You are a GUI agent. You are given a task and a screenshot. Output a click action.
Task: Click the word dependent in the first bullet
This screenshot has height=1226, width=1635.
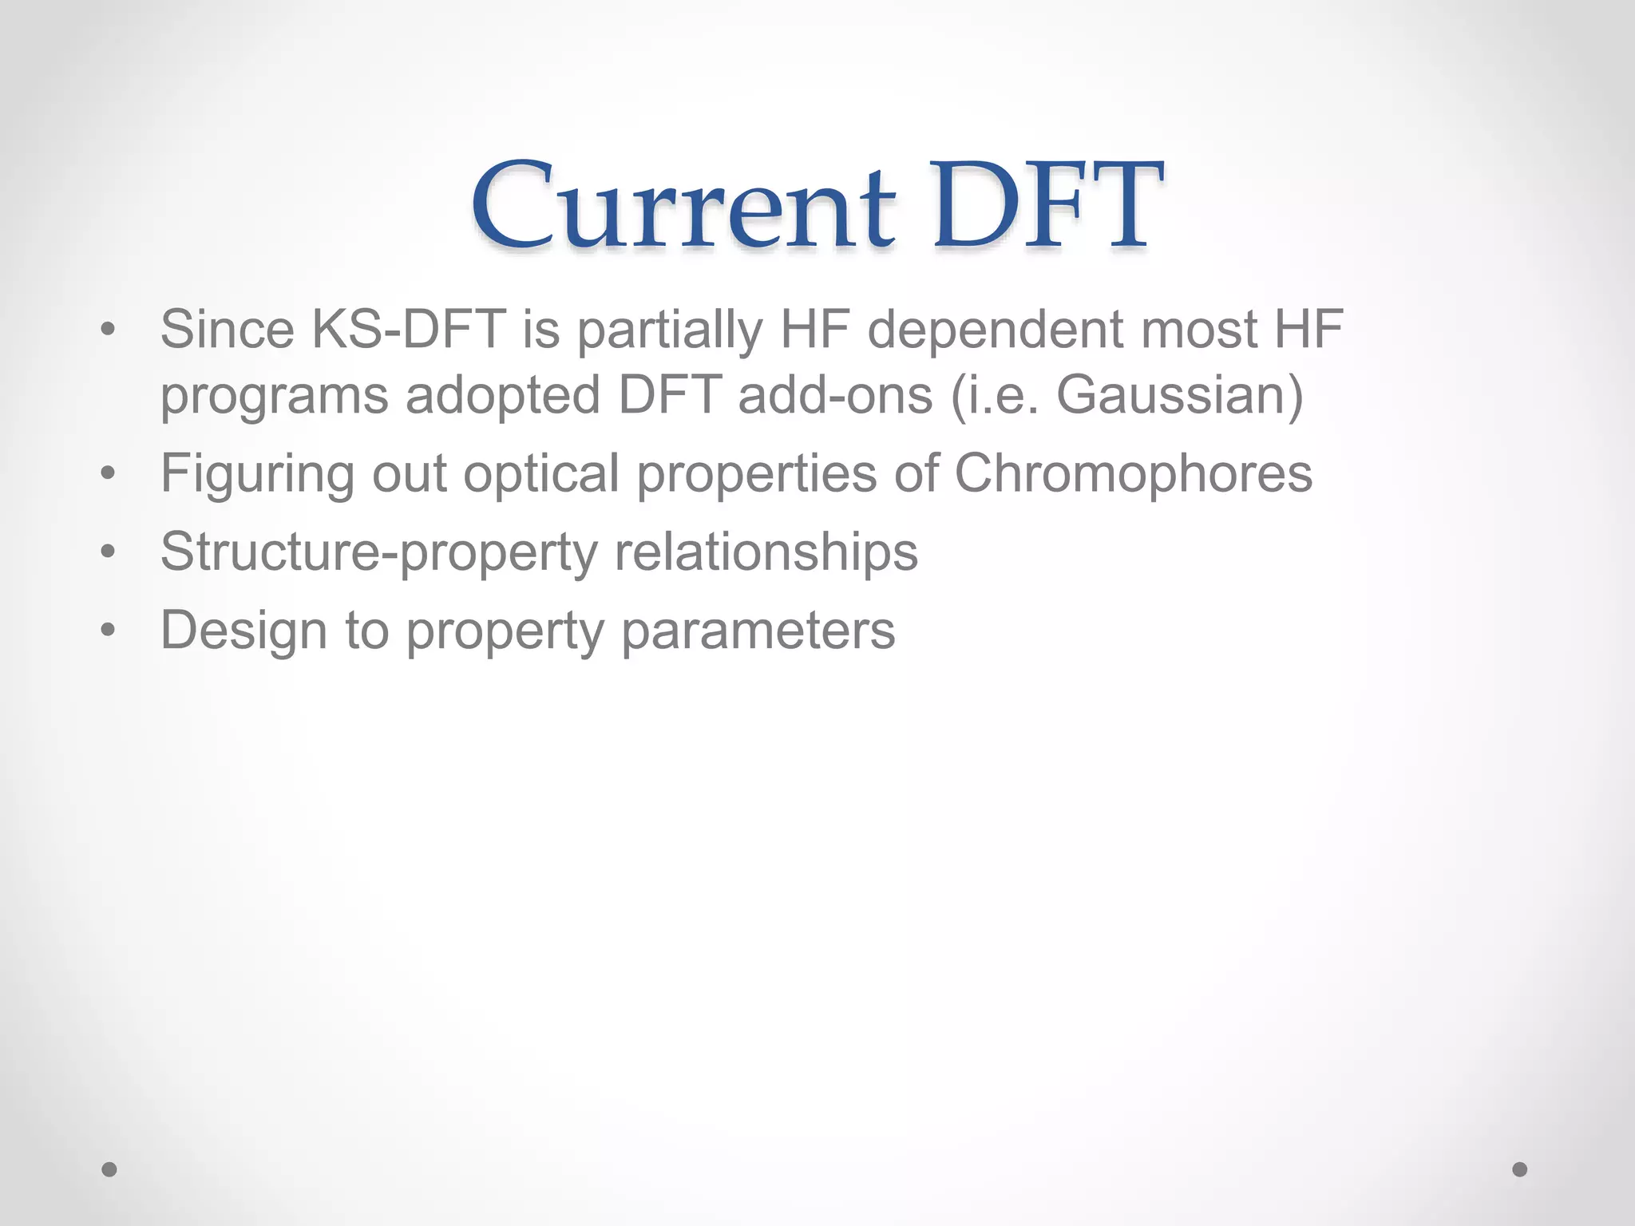tap(996, 329)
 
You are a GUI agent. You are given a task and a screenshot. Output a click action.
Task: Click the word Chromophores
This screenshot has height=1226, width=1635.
tap(1133, 473)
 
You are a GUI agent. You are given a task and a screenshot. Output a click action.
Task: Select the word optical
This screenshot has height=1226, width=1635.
tap(541, 473)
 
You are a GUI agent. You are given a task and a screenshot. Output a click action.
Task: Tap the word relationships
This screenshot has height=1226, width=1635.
tap(766, 552)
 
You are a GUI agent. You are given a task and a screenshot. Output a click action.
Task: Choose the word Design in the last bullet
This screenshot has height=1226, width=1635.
tap(243, 630)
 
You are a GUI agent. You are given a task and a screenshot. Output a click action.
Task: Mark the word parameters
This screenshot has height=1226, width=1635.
tap(758, 630)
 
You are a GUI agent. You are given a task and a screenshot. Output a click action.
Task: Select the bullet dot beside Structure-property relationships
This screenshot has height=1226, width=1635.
tap(109, 552)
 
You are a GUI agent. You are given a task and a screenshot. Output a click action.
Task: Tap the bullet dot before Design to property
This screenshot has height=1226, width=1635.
tap(109, 631)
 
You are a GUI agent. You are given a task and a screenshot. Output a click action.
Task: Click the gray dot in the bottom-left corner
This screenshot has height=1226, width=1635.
tap(109, 1169)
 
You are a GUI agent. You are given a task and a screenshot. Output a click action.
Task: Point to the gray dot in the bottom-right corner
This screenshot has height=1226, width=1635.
tap(1520, 1169)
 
